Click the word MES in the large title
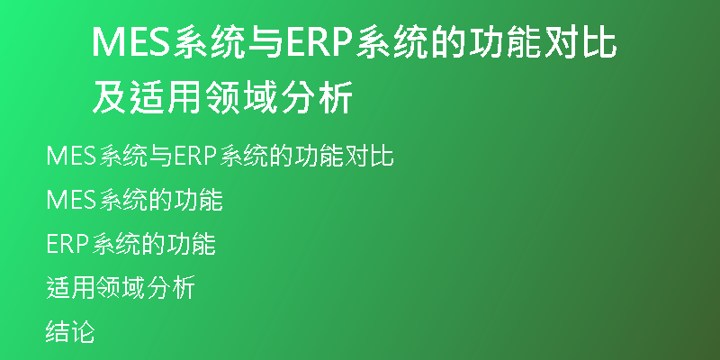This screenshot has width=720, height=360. click(130, 42)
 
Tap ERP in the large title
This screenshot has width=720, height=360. click(319, 42)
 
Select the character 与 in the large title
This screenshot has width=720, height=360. click(265, 42)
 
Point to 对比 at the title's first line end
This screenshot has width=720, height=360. click(580, 42)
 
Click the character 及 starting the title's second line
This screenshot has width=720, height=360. click(110, 97)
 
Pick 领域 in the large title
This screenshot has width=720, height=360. click(241, 97)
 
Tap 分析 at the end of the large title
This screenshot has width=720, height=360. click(317, 97)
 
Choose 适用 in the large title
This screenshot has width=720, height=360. click(166, 97)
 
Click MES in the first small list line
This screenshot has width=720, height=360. click(71, 156)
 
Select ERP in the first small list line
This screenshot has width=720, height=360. click(195, 156)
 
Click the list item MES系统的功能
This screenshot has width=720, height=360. click(134, 200)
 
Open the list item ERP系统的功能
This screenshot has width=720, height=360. click(130, 245)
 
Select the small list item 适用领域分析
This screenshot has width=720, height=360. click(121, 288)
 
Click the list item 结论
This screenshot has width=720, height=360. click(70, 331)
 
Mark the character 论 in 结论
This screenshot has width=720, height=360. click(83, 331)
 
